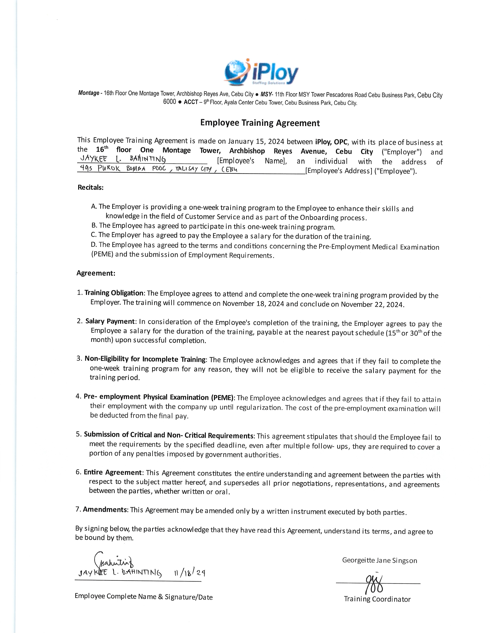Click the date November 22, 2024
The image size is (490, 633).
372,304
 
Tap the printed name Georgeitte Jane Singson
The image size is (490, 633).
379,560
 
